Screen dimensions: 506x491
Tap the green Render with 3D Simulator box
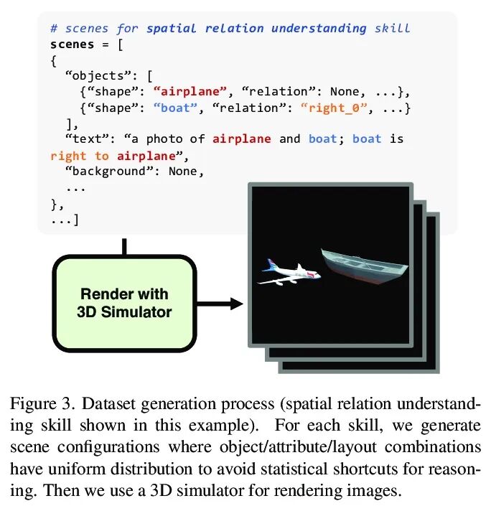click(124, 302)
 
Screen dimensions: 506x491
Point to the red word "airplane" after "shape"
click(192, 91)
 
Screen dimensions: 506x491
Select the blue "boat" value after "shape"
click(171, 108)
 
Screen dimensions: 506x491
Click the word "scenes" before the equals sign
click(73, 44)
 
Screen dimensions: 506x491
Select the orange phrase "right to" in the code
click(80, 155)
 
